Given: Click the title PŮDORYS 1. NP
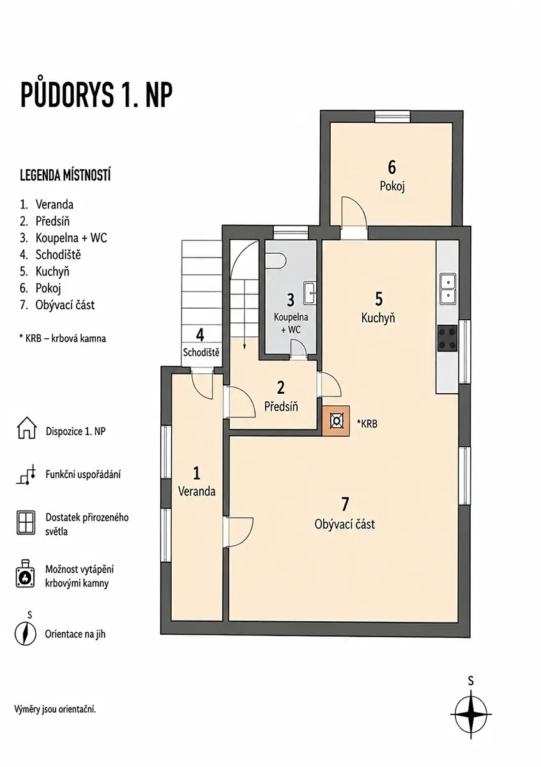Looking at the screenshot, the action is click(96, 95).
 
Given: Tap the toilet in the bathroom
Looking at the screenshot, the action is click(275, 261).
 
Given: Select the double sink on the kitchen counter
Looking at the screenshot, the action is click(448, 289).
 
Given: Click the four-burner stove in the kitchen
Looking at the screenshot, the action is click(448, 338).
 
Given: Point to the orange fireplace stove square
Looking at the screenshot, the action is click(336, 421).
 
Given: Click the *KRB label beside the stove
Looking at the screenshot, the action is click(367, 424).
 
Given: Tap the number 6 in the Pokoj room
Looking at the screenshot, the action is click(392, 167).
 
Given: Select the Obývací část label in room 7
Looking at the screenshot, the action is click(344, 524).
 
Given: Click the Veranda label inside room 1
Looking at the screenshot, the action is click(197, 492).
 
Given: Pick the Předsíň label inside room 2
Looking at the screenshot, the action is click(281, 407).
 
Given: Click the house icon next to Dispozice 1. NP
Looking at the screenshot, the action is click(26, 428).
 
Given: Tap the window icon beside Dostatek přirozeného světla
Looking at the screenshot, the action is click(26, 523).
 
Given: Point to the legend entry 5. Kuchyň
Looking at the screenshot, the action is click(45, 272).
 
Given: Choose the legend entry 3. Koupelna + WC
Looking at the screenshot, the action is click(63, 238).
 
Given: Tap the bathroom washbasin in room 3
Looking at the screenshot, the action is click(310, 293).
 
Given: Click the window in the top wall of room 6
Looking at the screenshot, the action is click(392, 116).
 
